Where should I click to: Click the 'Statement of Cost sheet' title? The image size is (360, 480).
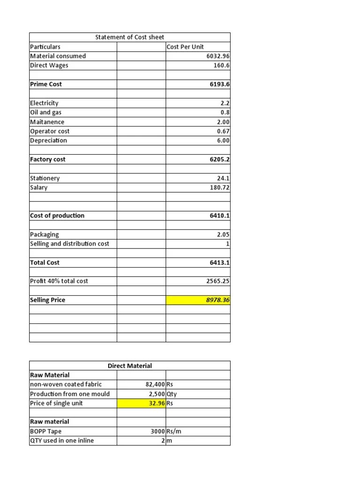coord(129,37)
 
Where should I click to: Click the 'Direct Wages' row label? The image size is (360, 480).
coord(49,66)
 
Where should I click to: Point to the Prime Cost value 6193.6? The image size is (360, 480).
coord(219,84)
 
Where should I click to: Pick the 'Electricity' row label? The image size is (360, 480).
coord(44,103)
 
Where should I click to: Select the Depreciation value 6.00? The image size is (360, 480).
coord(223,141)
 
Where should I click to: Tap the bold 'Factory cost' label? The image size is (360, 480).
coord(47,159)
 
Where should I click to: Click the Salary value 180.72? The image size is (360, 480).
coord(220,187)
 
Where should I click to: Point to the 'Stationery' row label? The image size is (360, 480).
coord(45,178)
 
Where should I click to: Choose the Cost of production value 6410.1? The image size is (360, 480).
coord(219,216)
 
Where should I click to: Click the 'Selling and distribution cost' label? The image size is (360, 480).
coord(69,244)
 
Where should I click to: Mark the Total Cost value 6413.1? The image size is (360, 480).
coord(219,262)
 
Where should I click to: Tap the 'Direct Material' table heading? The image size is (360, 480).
coord(129,366)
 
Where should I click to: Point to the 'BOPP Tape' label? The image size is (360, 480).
coord(45,431)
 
